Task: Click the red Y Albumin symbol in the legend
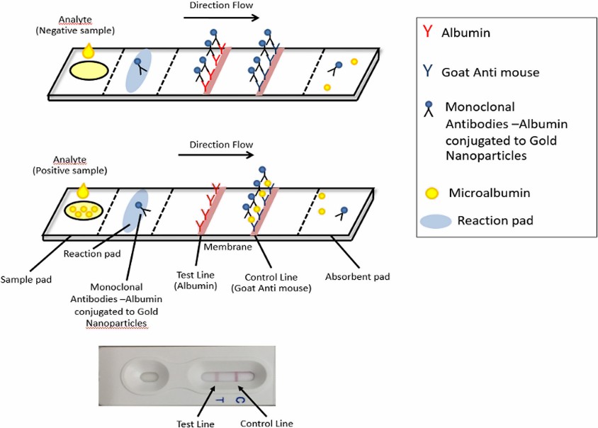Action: point(427,32)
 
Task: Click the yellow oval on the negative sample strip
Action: point(89,69)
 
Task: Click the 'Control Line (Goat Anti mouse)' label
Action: point(269,281)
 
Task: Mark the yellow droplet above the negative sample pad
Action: point(89,50)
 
